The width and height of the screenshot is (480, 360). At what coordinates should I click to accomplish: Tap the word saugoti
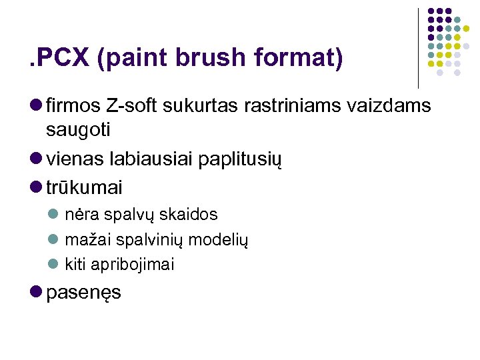[x=79, y=128]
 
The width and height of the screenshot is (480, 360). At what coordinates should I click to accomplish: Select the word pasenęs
[x=84, y=293]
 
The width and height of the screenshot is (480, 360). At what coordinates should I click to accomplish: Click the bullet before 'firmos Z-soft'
[x=35, y=105]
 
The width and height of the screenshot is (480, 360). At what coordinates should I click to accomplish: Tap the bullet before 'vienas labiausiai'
[x=35, y=160]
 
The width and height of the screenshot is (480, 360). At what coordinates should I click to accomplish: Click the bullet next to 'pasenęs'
[x=35, y=292]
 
